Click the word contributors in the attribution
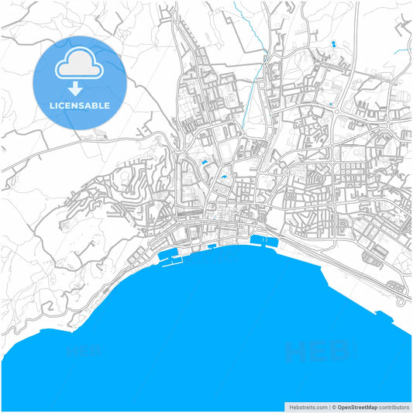394,406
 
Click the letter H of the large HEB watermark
295,353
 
